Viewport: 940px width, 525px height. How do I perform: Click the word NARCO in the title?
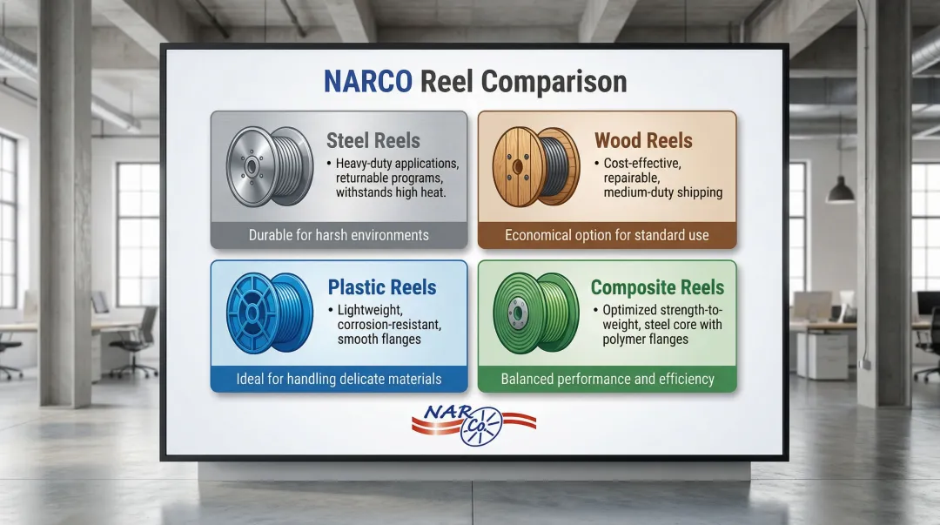click(x=367, y=82)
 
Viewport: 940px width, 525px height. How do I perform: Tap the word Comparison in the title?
click(x=554, y=83)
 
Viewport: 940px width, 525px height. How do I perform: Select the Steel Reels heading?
click(x=373, y=140)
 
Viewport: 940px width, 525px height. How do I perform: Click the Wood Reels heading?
click(x=643, y=140)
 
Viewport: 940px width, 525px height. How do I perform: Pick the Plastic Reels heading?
click(x=382, y=286)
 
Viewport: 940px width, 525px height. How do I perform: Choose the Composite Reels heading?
click(x=657, y=286)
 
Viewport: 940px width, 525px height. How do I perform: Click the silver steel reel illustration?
click(x=269, y=167)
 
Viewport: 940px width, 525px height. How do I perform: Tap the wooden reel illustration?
click(x=536, y=167)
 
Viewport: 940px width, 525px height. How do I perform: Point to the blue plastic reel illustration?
click(x=270, y=313)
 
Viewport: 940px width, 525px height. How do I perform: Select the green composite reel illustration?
click(x=536, y=313)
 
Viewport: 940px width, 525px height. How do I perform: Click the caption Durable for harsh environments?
click(x=339, y=235)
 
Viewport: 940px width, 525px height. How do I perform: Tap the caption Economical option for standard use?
click(x=607, y=235)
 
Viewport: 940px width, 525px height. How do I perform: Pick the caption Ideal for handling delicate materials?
click(x=339, y=380)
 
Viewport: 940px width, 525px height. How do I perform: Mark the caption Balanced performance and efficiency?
click(x=608, y=380)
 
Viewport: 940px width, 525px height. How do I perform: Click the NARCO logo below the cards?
click(x=473, y=425)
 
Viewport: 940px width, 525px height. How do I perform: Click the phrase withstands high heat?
click(x=390, y=192)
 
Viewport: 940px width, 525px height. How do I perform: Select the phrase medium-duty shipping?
click(x=662, y=192)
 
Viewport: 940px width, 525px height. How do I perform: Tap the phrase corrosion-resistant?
click(x=389, y=325)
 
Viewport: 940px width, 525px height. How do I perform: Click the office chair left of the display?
click(x=134, y=340)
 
